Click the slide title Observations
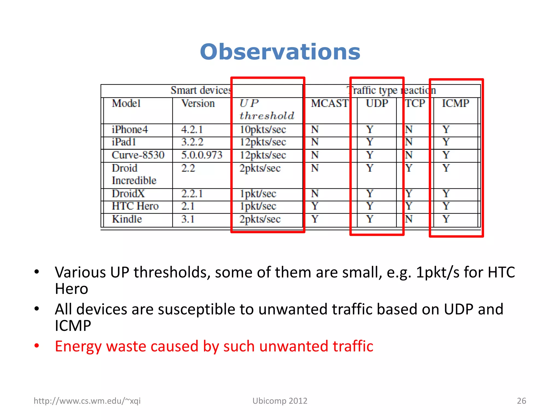tap(280, 52)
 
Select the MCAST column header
tap(330, 103)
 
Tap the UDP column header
tap(377, 103)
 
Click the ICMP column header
tap(456, 103)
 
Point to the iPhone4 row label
tap(130, 129)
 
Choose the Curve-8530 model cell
tap(138, 155)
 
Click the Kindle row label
tap(127, 219)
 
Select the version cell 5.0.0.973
tap(202, 155)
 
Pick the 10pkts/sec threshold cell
tap(263, 130)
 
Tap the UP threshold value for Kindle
tap(260, 219)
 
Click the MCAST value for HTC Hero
tap(315, 206)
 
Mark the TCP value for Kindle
tap(409, 219)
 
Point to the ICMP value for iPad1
tap(446, 142)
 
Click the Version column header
tap(198, 103)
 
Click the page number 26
tap(521, 401)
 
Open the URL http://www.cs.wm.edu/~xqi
tap(87, 401)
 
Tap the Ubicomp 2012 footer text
tap(280, 401)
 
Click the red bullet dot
tap(37, 346)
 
